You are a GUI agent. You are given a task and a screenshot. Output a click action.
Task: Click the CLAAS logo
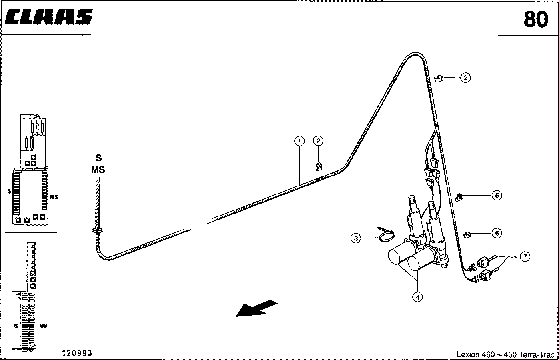pos(49,17)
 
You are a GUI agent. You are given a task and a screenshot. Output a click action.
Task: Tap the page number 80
pos(536,20)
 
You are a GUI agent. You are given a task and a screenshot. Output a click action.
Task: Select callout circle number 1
pos(299,141)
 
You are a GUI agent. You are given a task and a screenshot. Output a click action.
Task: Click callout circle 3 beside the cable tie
pos(356,238)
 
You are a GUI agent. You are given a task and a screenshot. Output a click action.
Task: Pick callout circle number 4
pos(418,297)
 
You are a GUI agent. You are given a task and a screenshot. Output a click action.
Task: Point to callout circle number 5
pos(497,195)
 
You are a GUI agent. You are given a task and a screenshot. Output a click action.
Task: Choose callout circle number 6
pos(497,233)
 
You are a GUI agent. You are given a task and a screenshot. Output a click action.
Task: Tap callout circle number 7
pos(525,257)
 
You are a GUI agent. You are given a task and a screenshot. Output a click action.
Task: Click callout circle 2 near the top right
pos(465,78)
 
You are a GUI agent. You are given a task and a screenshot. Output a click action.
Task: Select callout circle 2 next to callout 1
pos(318,141)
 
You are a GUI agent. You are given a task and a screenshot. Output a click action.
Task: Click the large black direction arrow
pos(256,308)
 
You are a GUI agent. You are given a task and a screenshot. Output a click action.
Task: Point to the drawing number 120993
pos(77,353)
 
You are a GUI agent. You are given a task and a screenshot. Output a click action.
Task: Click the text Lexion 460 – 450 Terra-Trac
pos(505,354)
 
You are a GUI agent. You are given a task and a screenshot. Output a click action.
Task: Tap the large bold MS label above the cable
pos(98,170)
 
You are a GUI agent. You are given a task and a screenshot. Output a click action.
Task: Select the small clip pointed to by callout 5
pos(459,197)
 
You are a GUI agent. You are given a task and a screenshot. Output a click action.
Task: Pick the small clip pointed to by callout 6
pos(467,235)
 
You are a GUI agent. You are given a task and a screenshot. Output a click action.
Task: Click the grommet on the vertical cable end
pos(97,230)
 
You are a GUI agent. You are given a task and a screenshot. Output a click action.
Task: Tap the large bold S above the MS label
pos(99,158)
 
